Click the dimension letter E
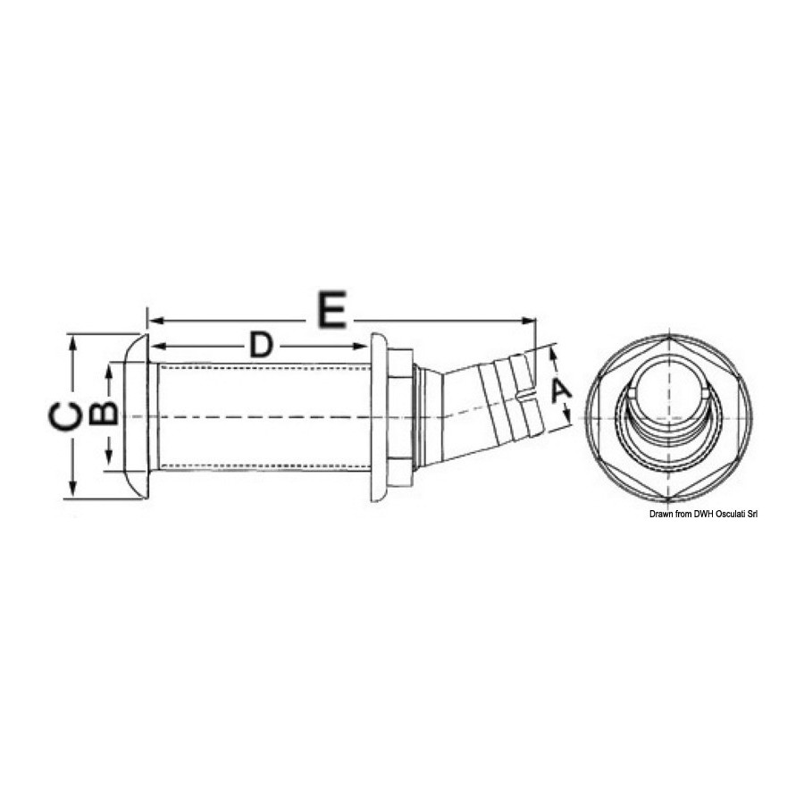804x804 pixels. click(x=332, y=309)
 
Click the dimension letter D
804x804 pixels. click(x=261, y=345)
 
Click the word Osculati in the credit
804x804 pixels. click(x=723, y=514)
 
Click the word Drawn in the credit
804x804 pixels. click(x=659, y=514)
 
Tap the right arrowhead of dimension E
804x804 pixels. click(x=529, y=321)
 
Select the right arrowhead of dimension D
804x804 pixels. click(x=359, y=346)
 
